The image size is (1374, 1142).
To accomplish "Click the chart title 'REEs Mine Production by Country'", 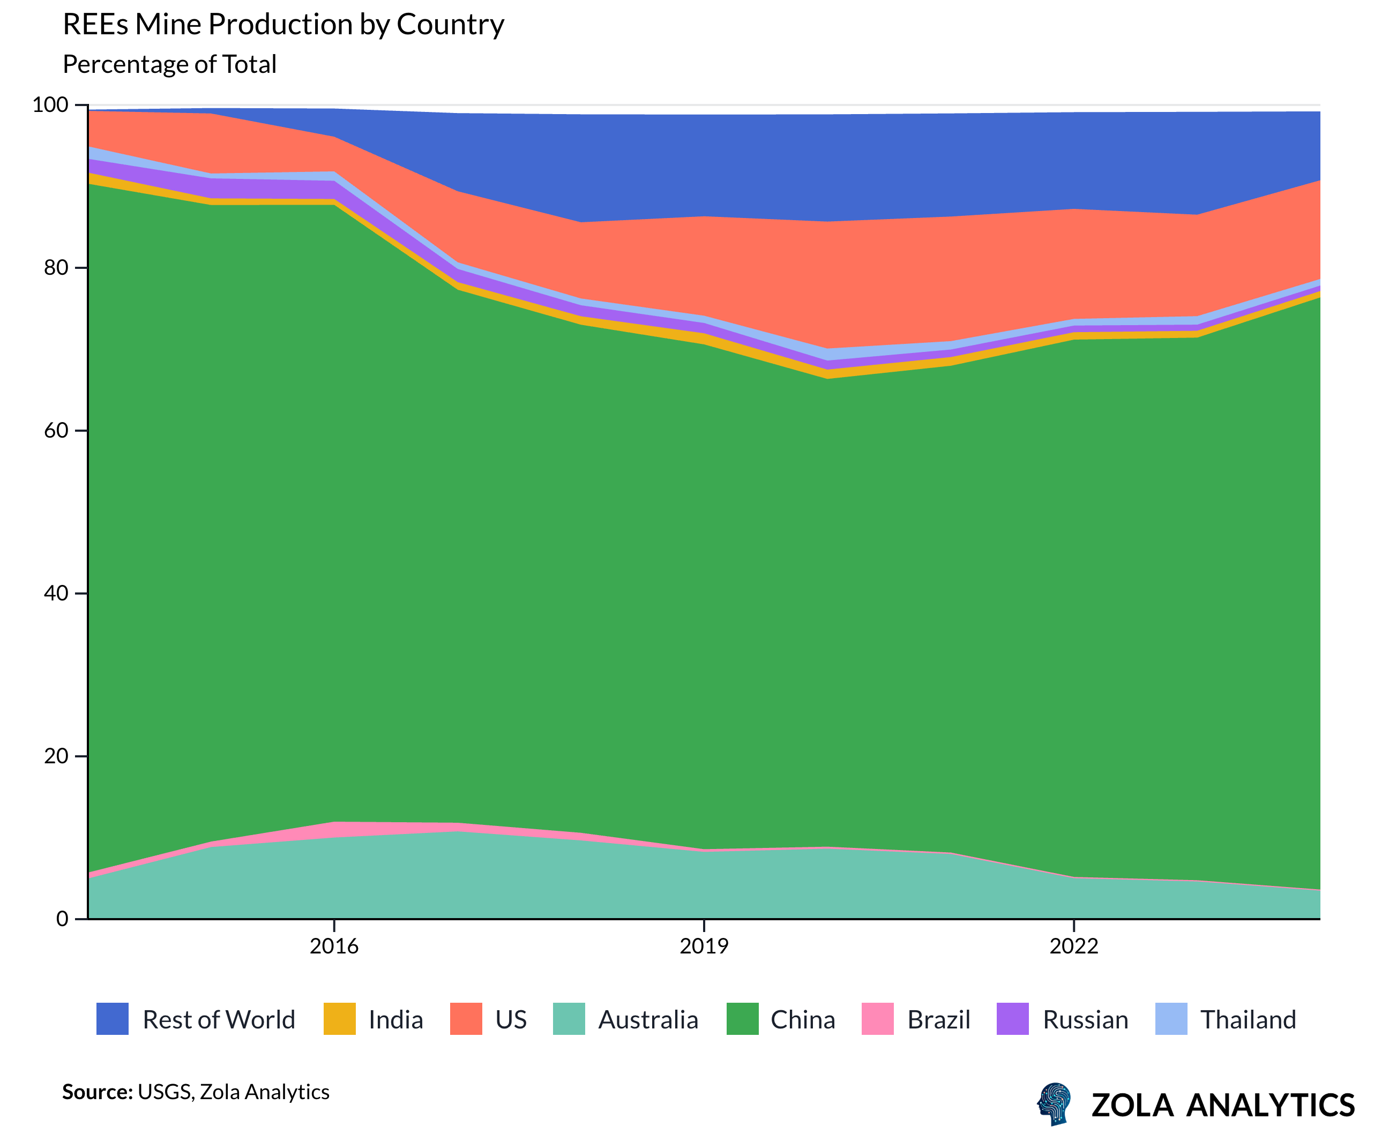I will [x=283, y=25].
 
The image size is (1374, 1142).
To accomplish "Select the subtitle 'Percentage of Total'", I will [x=169, y=64].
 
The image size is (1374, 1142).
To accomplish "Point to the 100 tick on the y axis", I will [x=50, y=104].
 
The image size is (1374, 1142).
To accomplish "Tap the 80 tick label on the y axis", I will [x=56, y=267].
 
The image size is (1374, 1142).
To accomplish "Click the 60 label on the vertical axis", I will [x=56, y=430].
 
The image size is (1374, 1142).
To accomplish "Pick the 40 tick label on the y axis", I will [x=56, y=593].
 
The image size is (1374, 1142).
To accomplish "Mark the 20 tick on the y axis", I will [x=56, y=756].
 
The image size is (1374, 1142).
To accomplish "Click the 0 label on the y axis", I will [x=62, y=919].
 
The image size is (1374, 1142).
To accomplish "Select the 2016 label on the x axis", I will [x=334, y=946].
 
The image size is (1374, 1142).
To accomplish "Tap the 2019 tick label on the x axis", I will [x=704, y=946].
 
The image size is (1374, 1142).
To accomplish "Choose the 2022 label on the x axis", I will [x=1074, y=946].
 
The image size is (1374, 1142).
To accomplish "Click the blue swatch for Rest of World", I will [x=113, y=1019].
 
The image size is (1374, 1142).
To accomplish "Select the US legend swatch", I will [x=466, y=1019].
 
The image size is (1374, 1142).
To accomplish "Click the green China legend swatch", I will [x=743, y=1019].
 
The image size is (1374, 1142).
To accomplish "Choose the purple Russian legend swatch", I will [x=1012, y=1019].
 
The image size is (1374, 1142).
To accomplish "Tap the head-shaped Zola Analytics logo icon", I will [x=1055, y=1103].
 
